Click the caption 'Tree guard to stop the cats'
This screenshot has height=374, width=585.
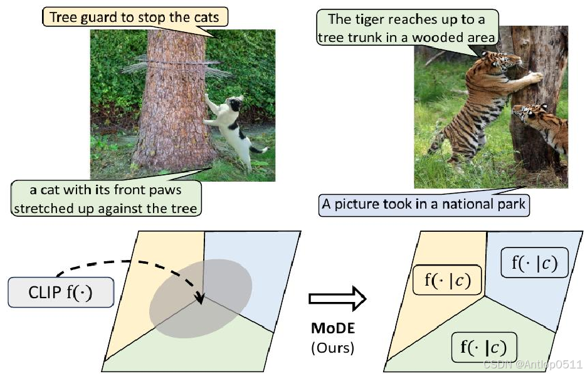(134, 17)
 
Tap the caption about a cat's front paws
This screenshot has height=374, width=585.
(105, 199)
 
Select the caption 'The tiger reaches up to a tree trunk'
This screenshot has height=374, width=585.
(408, 28)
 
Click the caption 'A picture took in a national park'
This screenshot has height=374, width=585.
(423, 204)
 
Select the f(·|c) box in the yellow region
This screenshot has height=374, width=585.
(447, 279)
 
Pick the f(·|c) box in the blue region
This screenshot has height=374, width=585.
(534, 262)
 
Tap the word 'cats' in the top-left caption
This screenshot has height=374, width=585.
(206, 17)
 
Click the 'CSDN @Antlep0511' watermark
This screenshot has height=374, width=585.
(532, 364)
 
